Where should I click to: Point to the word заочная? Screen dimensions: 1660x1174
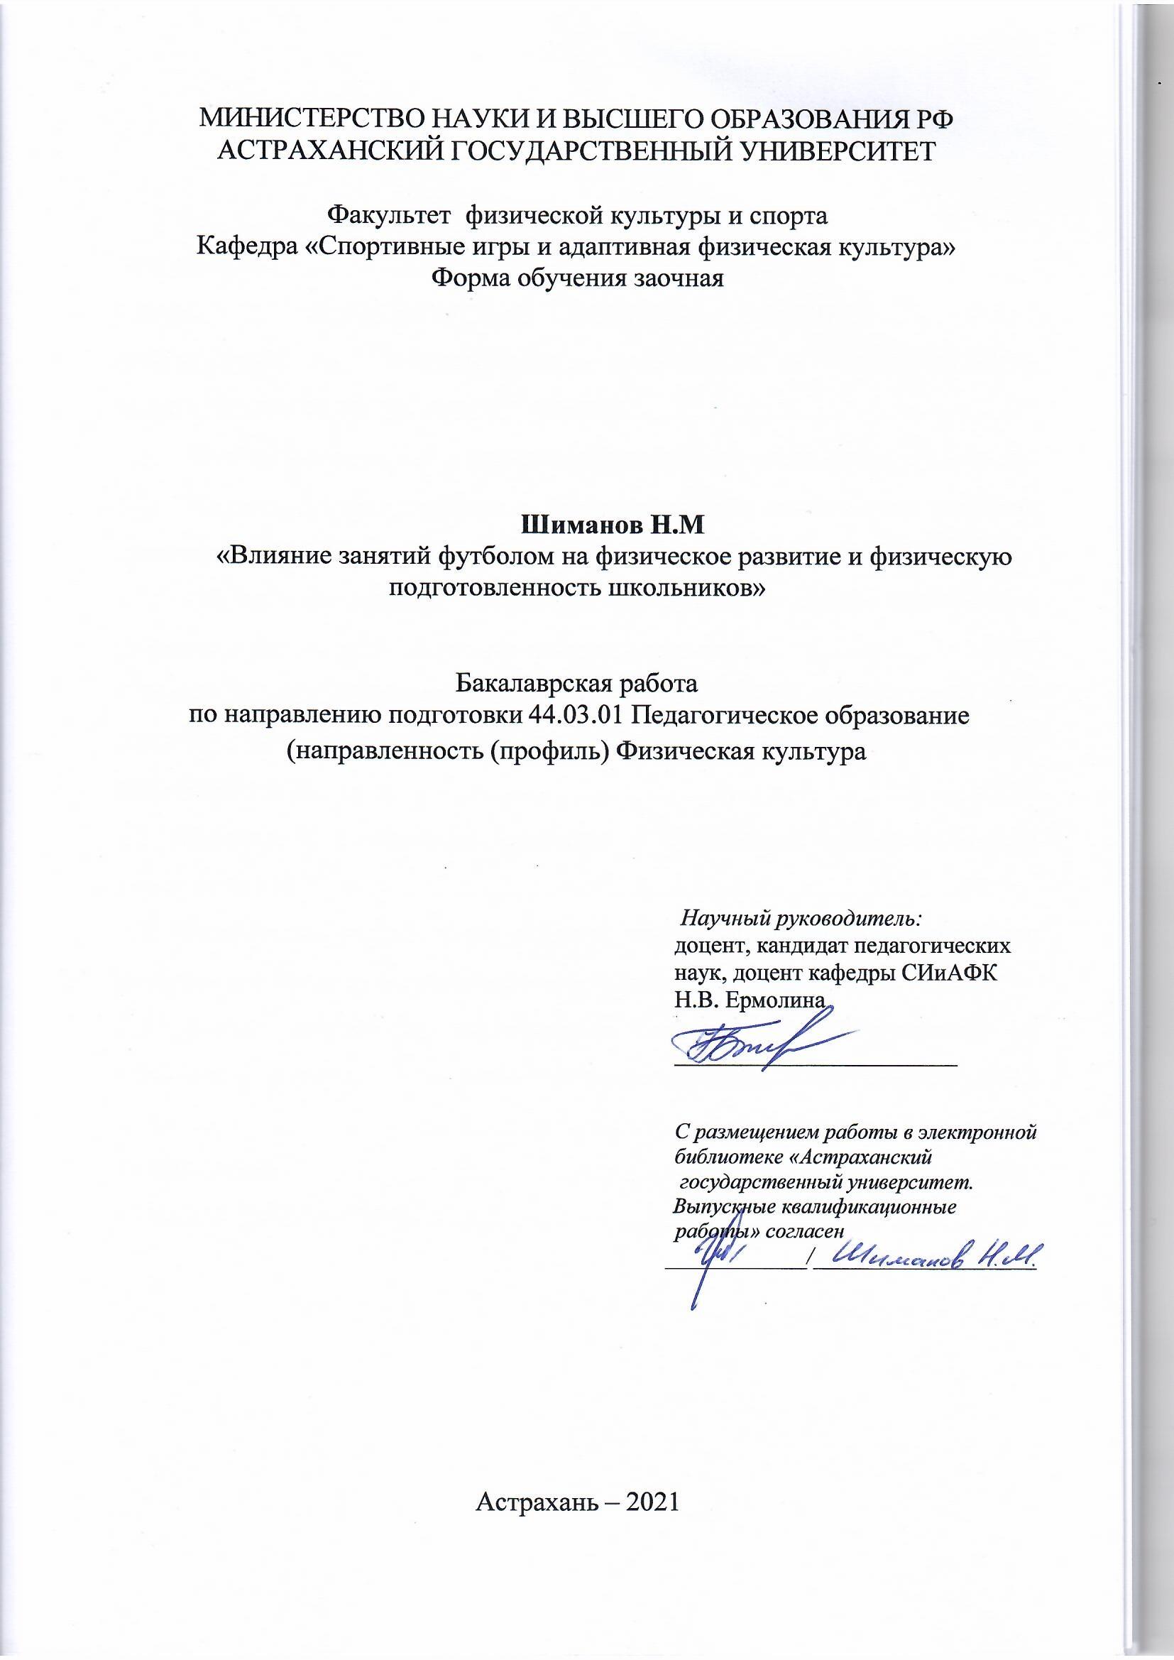click(678, 278)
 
